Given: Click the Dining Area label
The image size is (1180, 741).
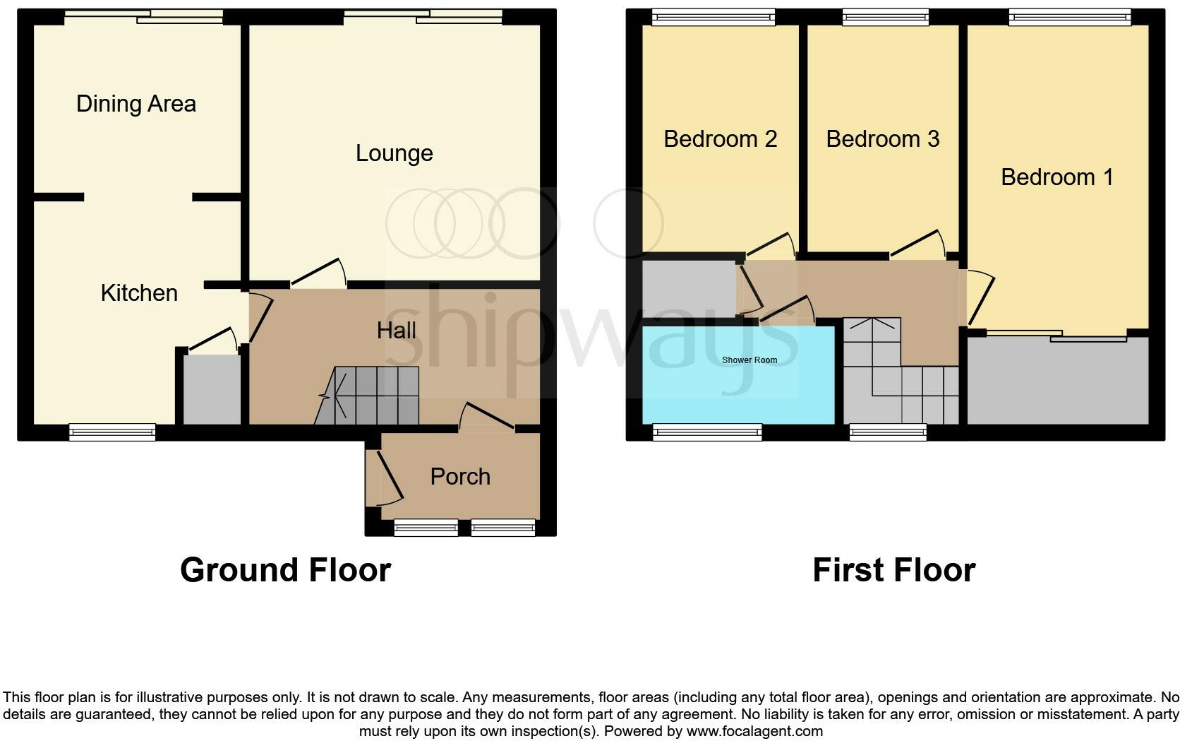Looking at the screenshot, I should click(136, 104).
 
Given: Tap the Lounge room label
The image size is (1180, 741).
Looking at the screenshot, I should click(394, 153).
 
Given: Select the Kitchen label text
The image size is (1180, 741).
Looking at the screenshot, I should click(139, 293).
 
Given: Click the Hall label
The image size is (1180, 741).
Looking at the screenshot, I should click(396, 331).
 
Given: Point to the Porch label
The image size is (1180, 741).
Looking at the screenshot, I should click(460, 477).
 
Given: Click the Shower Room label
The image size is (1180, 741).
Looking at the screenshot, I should click(749, 360).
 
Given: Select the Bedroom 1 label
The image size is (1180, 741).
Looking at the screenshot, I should click(1056, 177).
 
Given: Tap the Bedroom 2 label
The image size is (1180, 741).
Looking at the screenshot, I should click(720, 139).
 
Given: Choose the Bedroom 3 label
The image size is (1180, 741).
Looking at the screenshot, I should click(882, 139).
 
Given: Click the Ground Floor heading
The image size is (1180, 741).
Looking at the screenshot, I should click(285, 570).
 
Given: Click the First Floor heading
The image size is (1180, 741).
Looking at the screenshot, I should click(893, 570).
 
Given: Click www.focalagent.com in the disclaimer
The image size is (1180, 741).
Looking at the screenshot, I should click(754, 731).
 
